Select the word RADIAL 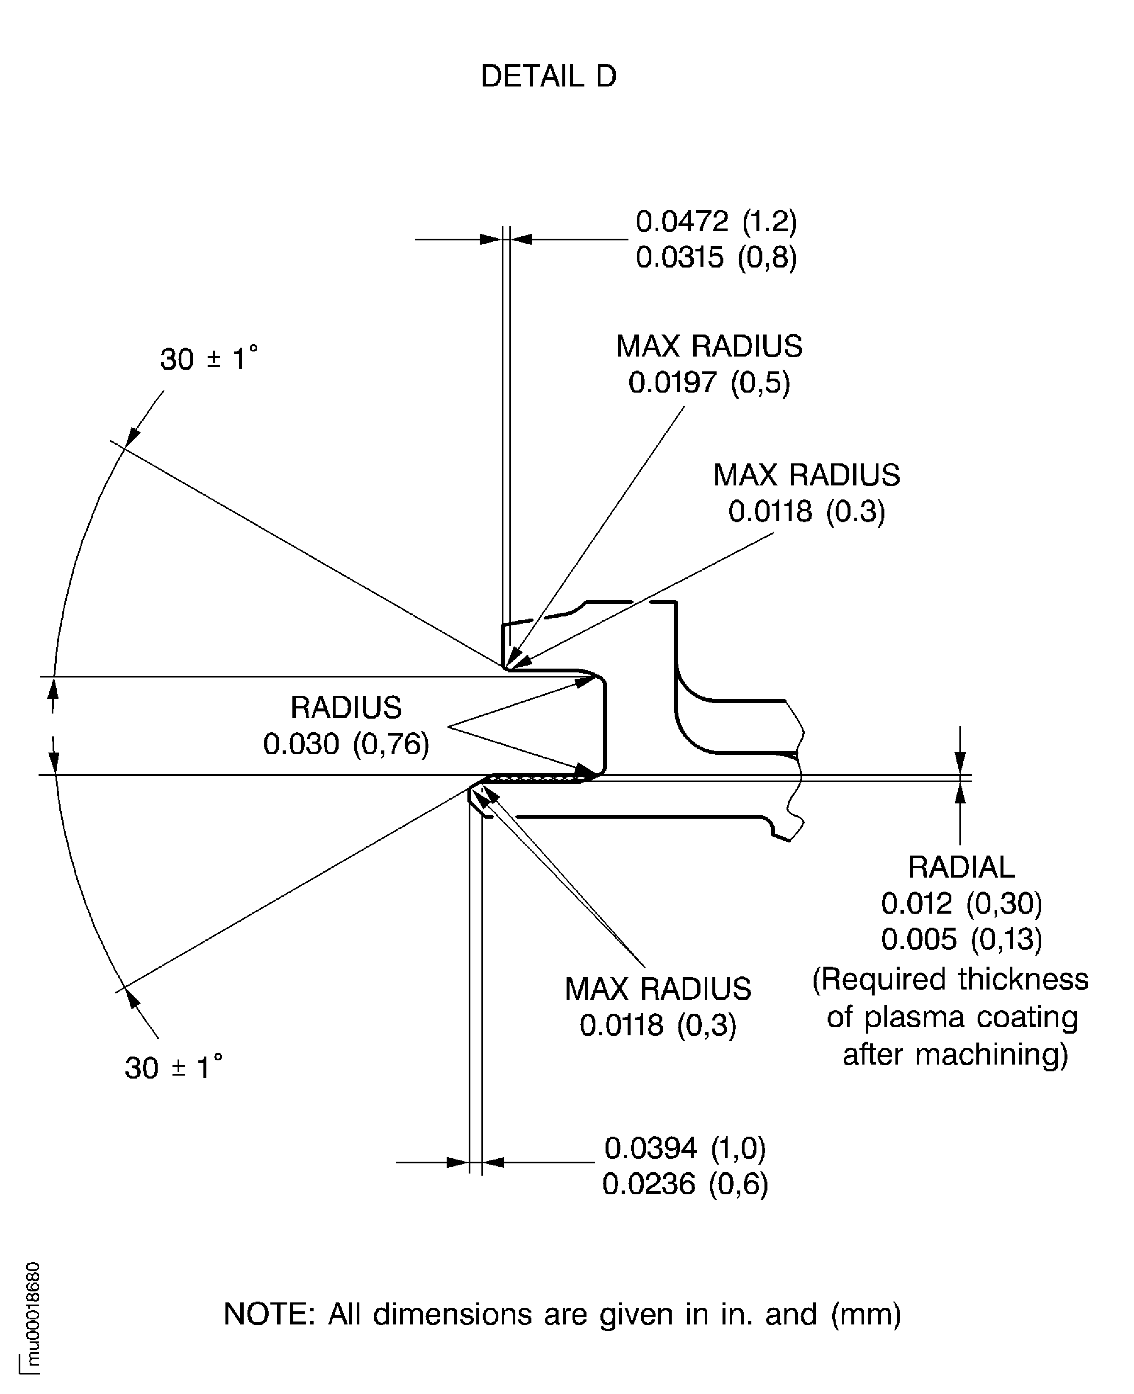pyautogui.click(x=961, y=867)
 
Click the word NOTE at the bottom pyautogui.click(x=269, y=1314)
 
